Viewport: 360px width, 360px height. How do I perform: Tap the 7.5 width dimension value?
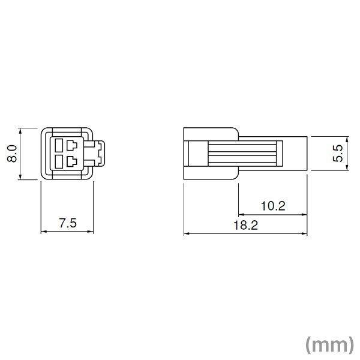tap(68, 223)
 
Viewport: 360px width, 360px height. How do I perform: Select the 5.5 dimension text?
tap(338, 154)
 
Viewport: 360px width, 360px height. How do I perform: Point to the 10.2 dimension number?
tap(273, 206)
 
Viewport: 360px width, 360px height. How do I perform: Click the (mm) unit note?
tap(328, 344)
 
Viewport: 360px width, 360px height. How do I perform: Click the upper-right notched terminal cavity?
tap(72, 145)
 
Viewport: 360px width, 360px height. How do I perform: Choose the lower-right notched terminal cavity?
tap(72, 160)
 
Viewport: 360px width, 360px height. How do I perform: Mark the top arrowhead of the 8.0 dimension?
tap(21, 130)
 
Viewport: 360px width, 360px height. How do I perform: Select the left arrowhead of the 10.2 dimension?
tap(241, 214)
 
